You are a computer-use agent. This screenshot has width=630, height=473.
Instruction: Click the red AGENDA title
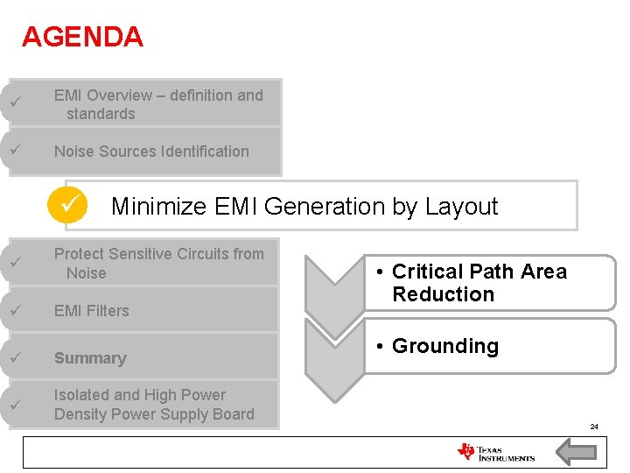click(82, 37)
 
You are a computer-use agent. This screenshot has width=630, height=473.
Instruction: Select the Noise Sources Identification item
click(151, 152)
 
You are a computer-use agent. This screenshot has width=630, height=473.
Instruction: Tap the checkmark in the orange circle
click(68, 206)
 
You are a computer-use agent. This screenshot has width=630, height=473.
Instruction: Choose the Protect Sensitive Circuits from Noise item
click(157, 263)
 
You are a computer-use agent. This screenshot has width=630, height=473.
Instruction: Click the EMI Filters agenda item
click(91, 311)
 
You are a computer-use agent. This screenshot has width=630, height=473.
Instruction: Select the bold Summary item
click(90, 358)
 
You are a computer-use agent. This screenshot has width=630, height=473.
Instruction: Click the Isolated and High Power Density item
click(153, 405)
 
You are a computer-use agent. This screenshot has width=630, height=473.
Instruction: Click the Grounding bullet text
click(444, 346)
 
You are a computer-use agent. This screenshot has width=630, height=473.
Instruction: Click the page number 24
click(594, 427)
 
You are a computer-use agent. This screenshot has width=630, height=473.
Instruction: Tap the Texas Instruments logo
click(495, 452)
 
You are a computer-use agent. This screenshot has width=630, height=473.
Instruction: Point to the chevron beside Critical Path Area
click(334, 289)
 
